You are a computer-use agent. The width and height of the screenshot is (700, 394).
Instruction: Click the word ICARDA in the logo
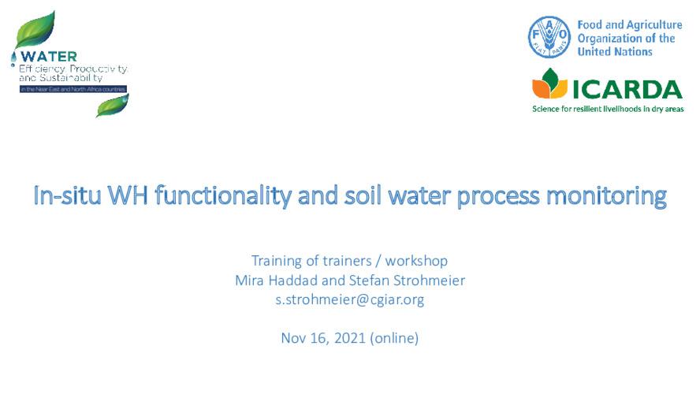click(627, 88)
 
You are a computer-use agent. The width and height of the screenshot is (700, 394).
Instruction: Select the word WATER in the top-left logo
click(49, 57)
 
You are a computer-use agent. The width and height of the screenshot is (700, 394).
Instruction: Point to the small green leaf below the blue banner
click(112, 105)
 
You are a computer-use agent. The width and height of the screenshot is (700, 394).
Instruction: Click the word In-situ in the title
click(67, 195)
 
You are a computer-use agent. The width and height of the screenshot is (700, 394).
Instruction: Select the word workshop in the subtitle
click(419, 260)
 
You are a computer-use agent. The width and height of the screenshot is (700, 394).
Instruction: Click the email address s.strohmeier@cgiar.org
click(349, 299)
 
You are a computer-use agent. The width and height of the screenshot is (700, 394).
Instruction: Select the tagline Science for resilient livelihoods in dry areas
click(608, 108)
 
